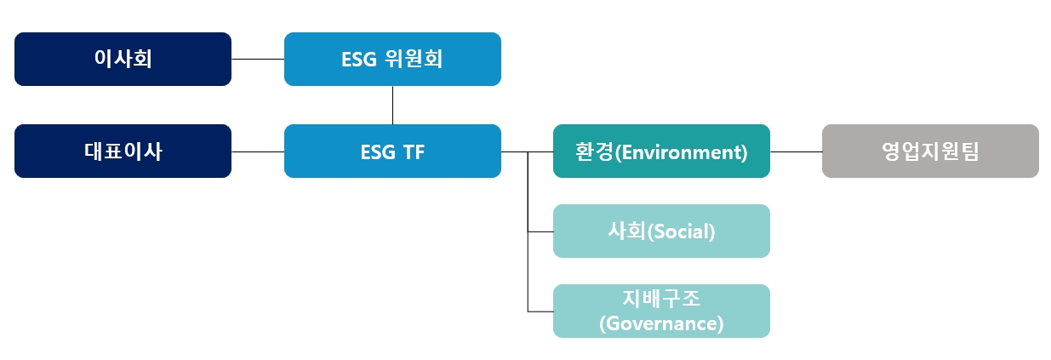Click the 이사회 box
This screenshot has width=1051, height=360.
tap(123, 59)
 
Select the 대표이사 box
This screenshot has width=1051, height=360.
tap(123, 151)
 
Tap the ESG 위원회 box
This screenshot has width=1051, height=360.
tap(392, 59)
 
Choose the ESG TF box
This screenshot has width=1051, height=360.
tap(392, 151)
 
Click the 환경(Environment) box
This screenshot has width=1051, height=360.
tap(661, 151)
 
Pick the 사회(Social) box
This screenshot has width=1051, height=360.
tap(661, 231)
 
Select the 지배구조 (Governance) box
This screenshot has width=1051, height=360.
tap(661, 311)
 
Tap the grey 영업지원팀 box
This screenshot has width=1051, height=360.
tap(930, 151)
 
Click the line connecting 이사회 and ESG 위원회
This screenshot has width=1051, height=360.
tap(258, 59)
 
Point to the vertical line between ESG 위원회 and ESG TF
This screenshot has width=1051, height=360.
tap(392, 106)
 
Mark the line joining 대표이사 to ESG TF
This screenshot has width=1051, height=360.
tap(258, 151)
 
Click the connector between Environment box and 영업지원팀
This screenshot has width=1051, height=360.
tap(796, 151)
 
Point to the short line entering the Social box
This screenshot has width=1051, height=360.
tap(540, 231)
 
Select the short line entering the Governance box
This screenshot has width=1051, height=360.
tap(540, 311)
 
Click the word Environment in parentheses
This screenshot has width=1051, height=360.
tap(681, 152)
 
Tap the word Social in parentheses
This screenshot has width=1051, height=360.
tap(681, 231)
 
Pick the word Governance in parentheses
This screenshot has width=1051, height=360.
tap(661, 323)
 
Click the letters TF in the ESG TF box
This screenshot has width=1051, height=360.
tap(414, 152)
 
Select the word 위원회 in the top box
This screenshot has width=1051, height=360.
tap(414, 59)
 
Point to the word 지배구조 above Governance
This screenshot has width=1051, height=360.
tap(661, 299)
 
